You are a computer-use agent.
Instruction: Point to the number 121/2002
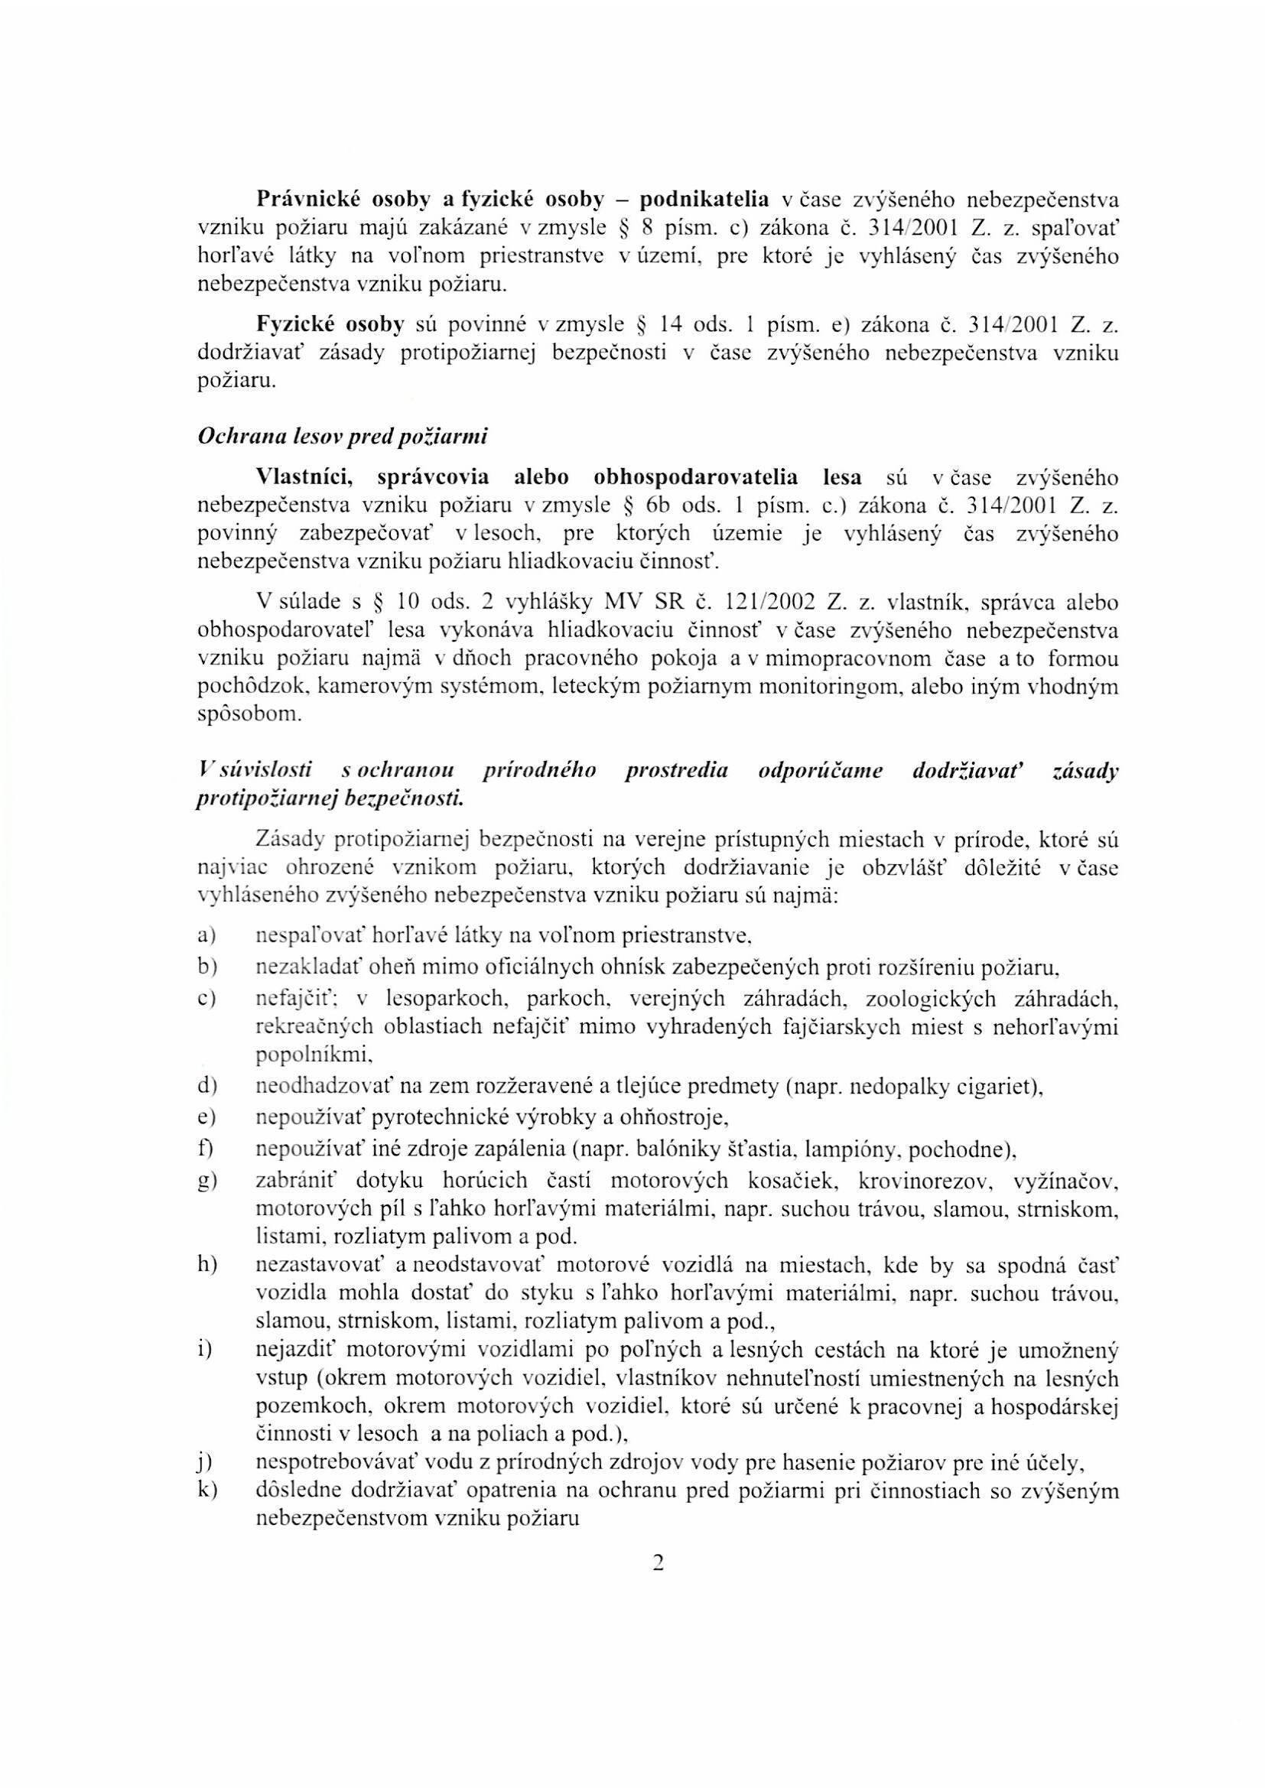click(769, 603)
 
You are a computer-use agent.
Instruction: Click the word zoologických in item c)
click(893, 999)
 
